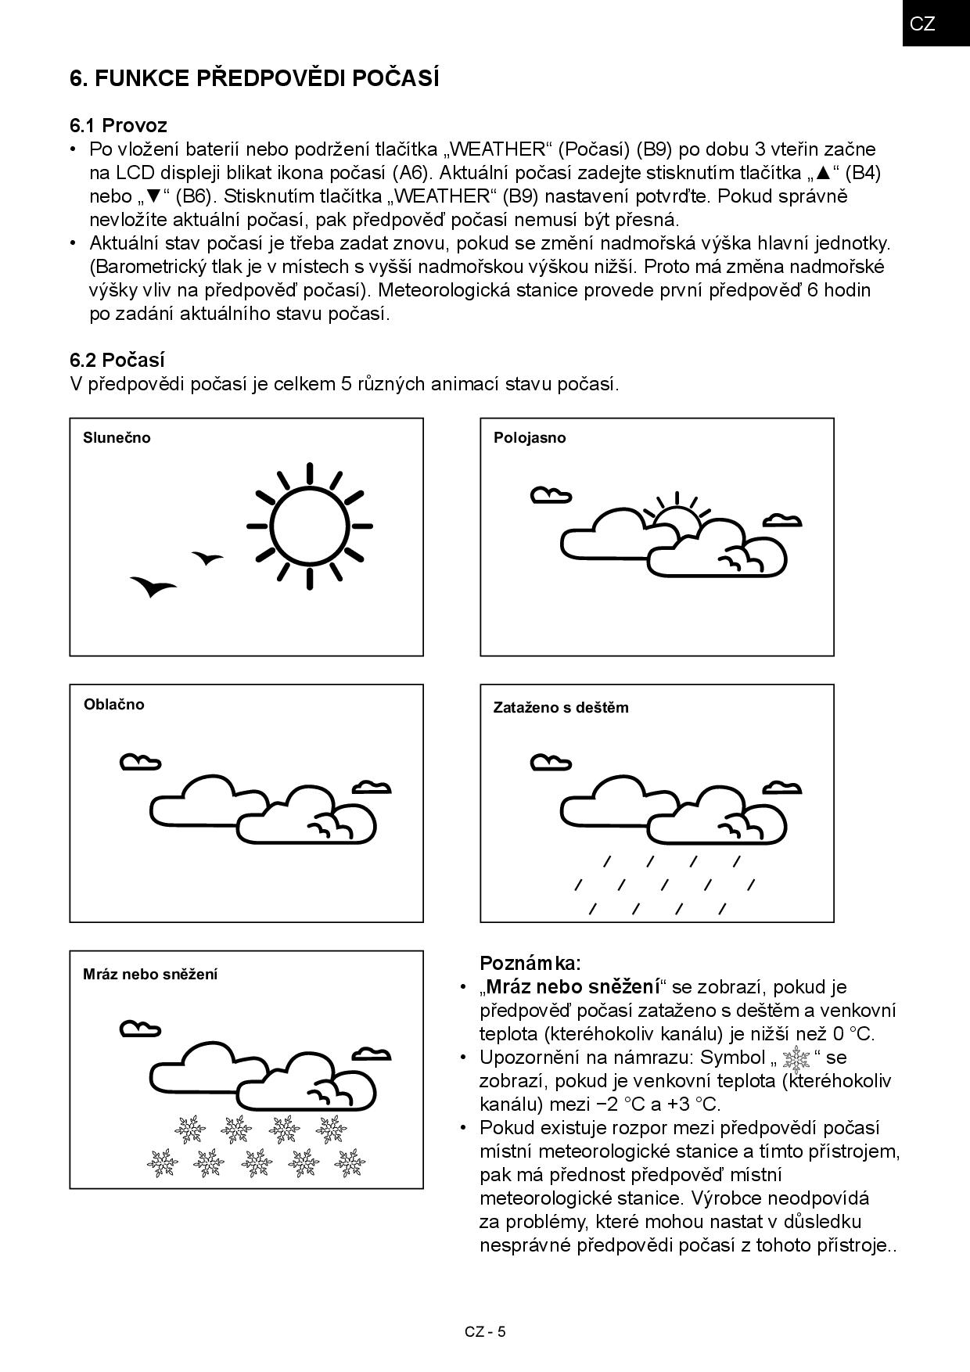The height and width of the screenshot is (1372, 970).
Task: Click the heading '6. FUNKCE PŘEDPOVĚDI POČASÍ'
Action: coord(254,78)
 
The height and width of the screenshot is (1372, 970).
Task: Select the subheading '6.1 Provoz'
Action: coord(118,125)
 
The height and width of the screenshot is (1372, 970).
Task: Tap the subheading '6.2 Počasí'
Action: coord(117,360)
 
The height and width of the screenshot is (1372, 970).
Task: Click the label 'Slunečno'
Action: coord(117,438)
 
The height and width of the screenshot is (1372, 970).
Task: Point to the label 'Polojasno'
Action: coord(530,438)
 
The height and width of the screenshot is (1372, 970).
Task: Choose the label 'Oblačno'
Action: coord(114,704)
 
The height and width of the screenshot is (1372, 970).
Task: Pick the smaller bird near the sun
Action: coord(207,558)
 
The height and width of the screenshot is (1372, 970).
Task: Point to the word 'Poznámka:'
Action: coord(530,962)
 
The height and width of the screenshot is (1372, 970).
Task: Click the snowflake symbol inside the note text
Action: coord(796,1059)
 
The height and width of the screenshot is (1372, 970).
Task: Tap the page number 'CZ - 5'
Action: coord(485,1331)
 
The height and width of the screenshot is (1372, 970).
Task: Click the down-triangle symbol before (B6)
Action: coord(154,196)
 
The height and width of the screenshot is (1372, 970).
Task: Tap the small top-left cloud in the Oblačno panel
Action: coord(140,761)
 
